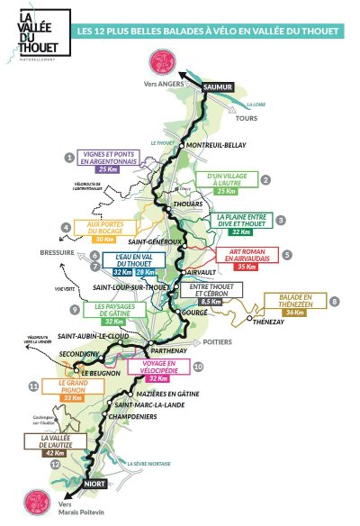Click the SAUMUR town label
coord(219,86)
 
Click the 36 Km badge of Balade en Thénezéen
coord(295,313)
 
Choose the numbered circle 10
coord(198,367)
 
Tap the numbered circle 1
coord(68,157)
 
